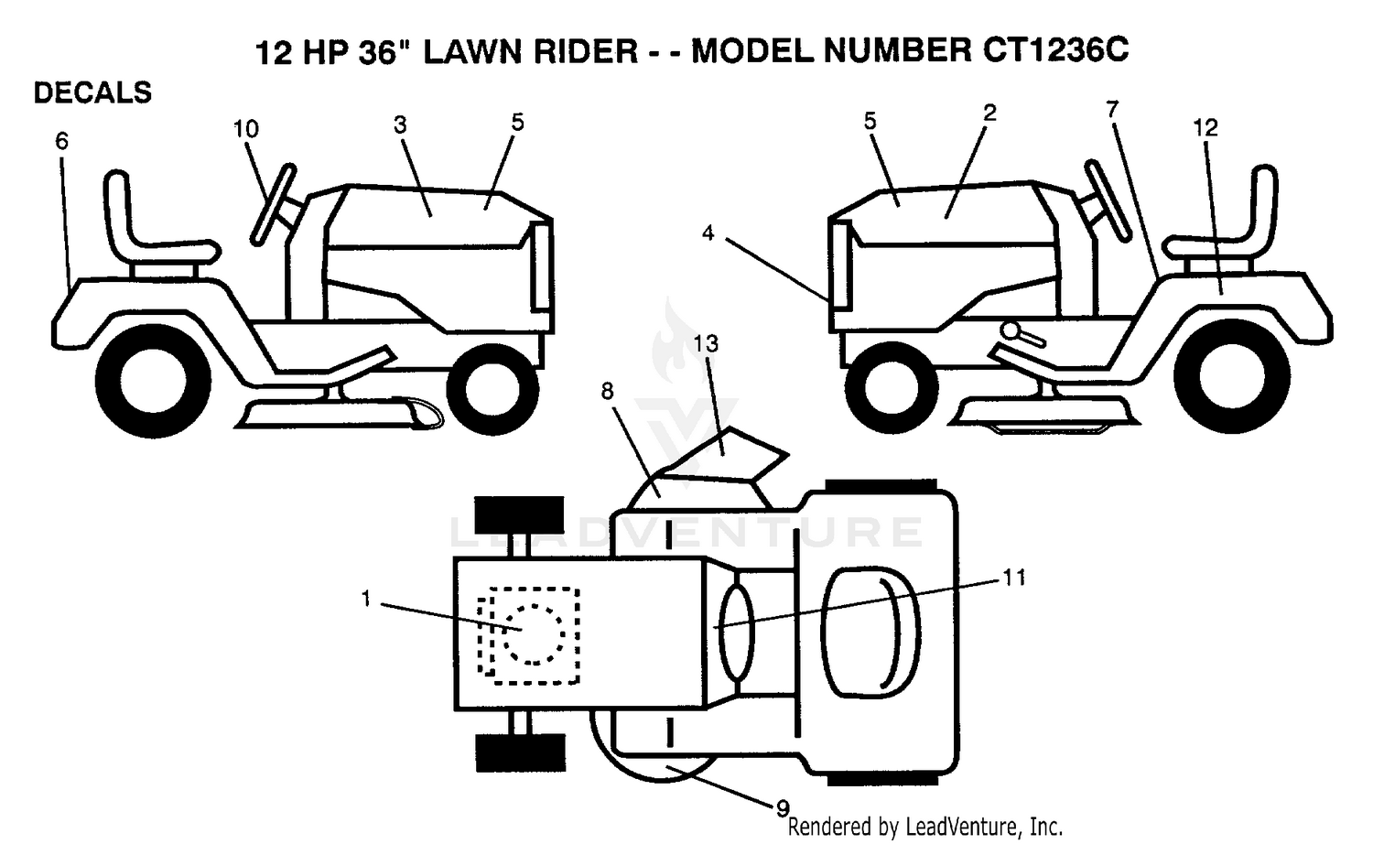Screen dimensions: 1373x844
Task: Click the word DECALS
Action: [92, 93]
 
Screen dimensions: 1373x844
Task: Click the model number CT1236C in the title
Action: [1054, 50]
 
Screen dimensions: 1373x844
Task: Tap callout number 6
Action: [62, 142]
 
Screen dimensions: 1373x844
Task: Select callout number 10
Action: [246, 129]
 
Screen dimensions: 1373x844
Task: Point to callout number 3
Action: [400, 125]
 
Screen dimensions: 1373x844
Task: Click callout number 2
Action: [989, 113]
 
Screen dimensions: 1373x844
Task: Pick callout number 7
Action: [1112, 110]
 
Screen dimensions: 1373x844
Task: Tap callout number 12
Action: [1205, 127]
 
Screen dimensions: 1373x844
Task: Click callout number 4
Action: [708, 233]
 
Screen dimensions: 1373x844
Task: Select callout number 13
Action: [706, 343]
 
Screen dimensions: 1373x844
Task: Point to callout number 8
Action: [607, 391]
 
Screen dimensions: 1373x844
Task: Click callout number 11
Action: [1014, 578]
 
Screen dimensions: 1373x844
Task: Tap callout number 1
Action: [366, 599]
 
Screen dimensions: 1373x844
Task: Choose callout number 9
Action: [783, 809]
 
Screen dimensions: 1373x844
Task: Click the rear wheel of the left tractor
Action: [153, 383]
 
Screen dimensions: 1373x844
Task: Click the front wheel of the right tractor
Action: [892, 387]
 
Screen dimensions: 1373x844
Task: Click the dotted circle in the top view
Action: [534, 633]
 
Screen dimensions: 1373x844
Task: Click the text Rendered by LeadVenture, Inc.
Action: [924, 828]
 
